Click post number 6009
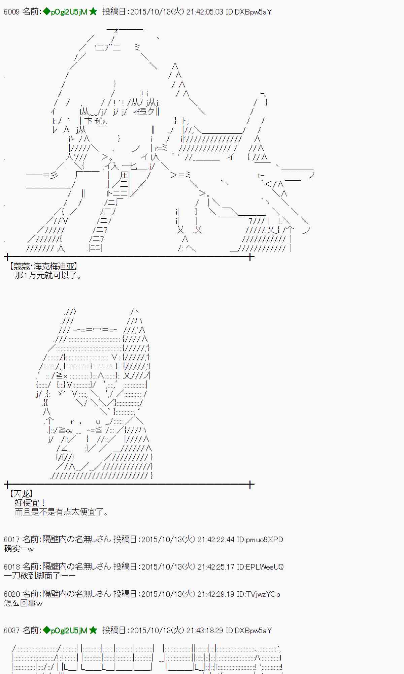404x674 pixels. [x=11, y=12]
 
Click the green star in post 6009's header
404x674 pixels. [x=93, y=12]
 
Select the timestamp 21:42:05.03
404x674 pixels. [x=204, y=12]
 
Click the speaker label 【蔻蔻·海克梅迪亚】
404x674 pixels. [x=43, y=267]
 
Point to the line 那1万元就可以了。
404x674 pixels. [x=48, y=276]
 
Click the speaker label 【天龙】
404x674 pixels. [x=21, y=494]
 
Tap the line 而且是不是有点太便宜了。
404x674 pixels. [x=62, y=512]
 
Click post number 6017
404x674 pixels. [x=11, y=540]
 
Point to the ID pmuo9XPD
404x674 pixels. [x=260, y=540]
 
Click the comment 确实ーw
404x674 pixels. [x=19, y=549]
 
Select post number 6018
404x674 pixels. [x=11, y=567]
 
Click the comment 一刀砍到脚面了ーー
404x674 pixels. [x=39, y=576]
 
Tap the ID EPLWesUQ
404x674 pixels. [x=260, y=567]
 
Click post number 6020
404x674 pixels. [x=11, y=594]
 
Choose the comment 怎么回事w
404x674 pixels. [x=23, y=603]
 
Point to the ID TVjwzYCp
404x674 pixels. [x=258, y=594]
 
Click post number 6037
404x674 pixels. [x=11, y=631]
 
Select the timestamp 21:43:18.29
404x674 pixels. [x=204, y=631]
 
